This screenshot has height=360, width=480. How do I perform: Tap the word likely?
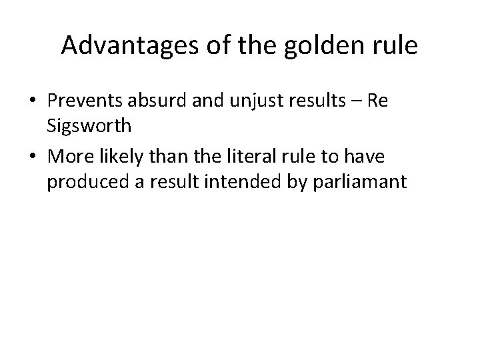click(x=125, y=158)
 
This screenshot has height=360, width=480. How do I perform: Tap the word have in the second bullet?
click(x=386, y=158)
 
